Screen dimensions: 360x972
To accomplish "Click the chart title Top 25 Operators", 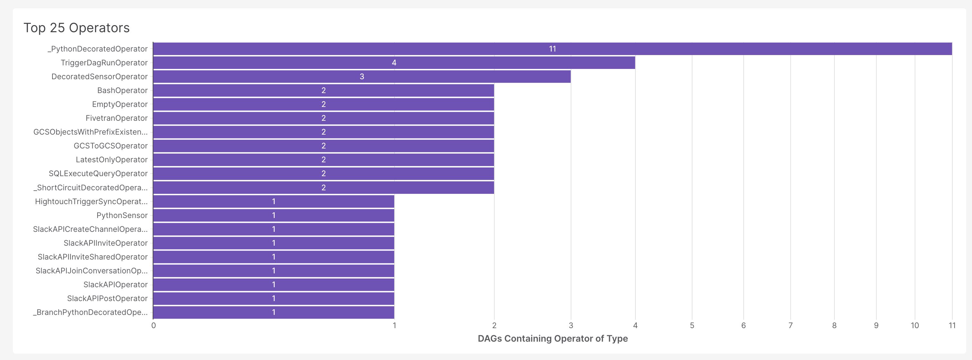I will [x=77, y=28].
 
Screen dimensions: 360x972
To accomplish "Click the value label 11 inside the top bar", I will [x=552, y=49].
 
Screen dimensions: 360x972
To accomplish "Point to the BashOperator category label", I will [x=122, y=90].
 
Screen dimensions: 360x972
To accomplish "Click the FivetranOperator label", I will [x=117, y=118].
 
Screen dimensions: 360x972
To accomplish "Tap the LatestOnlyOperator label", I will [x=112, y=160].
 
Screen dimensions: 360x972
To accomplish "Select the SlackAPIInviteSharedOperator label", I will [x=92, y=257].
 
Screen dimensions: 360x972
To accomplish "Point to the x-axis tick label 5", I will [x=692, y=325].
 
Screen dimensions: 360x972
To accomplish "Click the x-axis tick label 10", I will [x=915, y=325].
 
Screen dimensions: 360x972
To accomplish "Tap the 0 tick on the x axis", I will [x=154, y=325].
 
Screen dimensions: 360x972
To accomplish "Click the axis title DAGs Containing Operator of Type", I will [x=553, y=338].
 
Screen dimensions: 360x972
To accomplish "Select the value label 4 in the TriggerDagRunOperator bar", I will [x=394, y=63].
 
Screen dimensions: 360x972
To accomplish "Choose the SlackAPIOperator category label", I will [x=116, y=285].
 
